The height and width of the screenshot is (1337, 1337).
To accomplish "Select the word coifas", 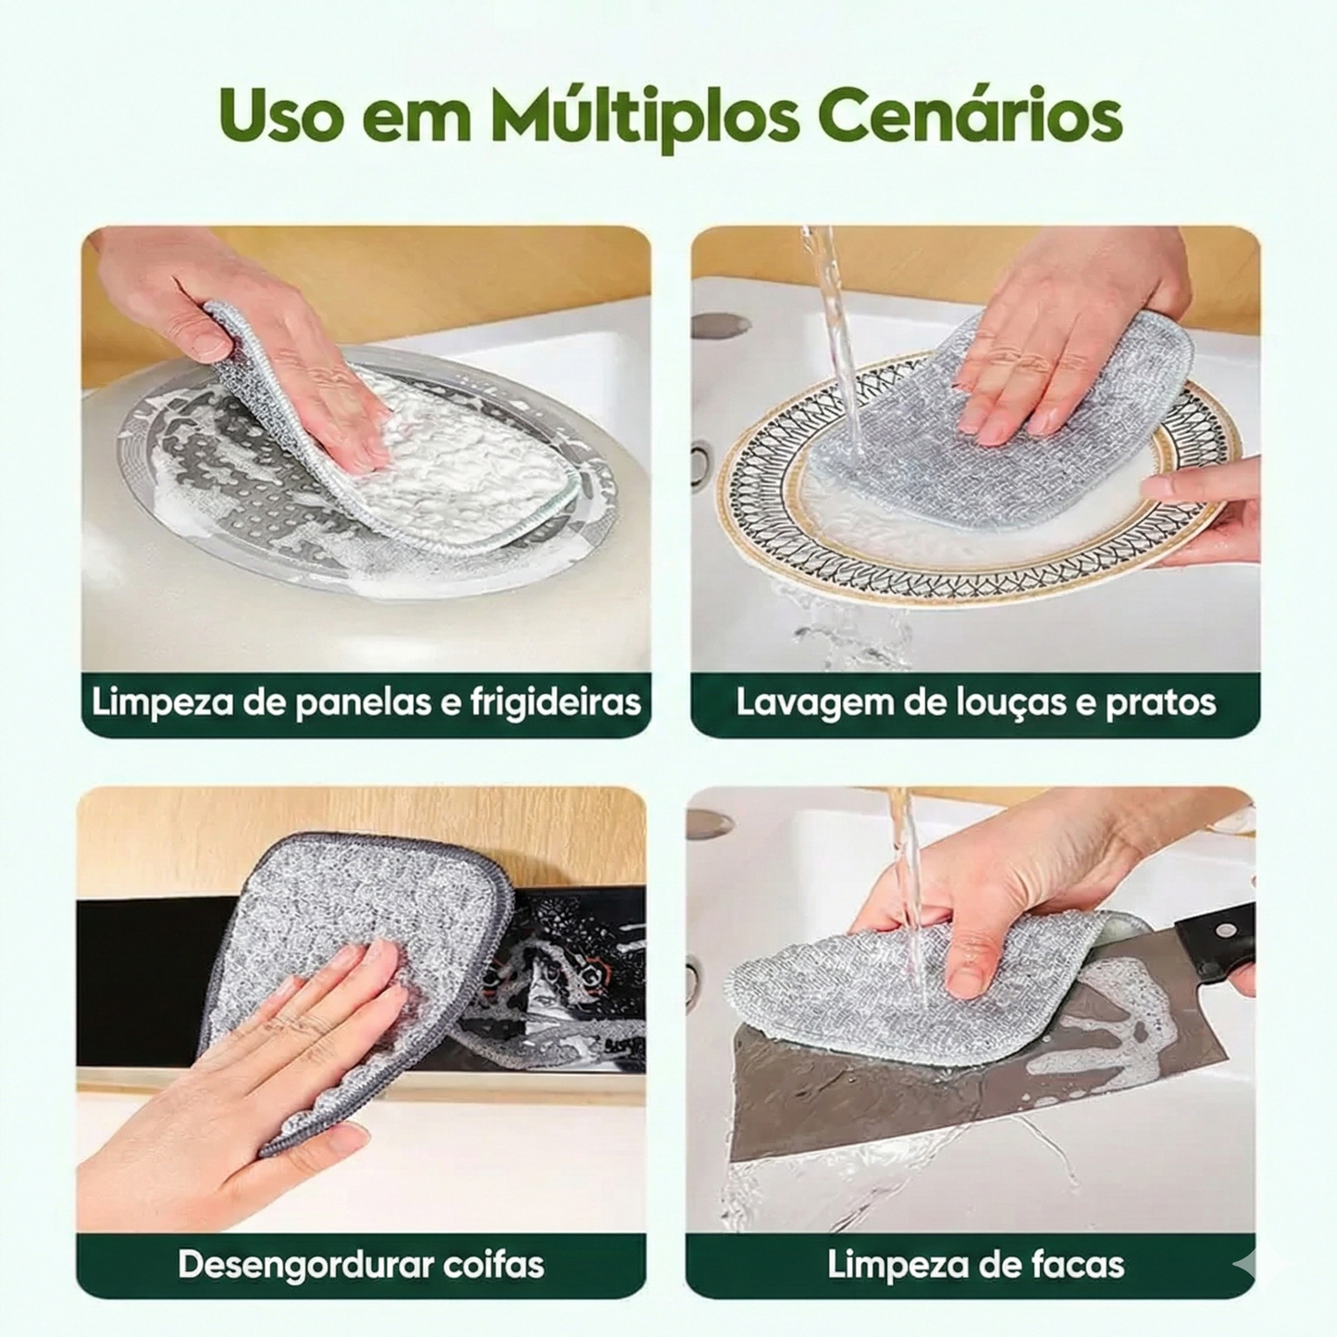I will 494,1264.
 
